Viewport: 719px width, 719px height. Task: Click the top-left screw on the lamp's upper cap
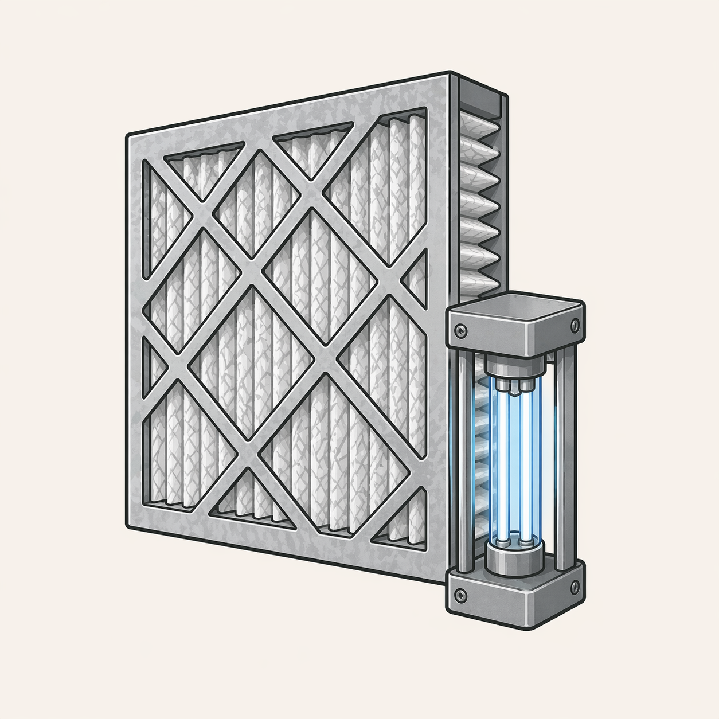point(460,330)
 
